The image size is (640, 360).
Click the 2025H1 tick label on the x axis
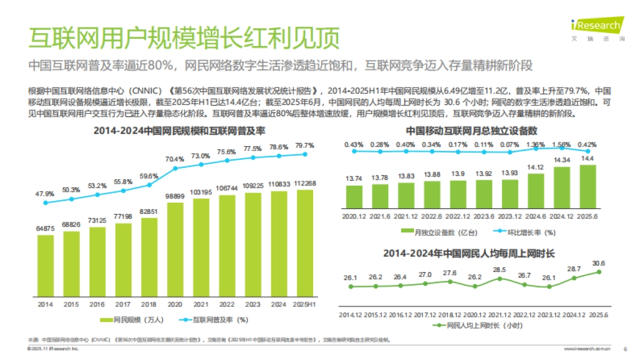(305, 305)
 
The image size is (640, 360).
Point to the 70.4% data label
(174, 159)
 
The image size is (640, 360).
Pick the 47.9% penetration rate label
(45, 193)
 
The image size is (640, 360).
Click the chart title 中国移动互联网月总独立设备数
(471, 131)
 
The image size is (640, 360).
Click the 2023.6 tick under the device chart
(484, 217)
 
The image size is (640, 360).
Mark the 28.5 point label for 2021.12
(500, 270)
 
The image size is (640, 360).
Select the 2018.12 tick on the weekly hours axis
(450, 315)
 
